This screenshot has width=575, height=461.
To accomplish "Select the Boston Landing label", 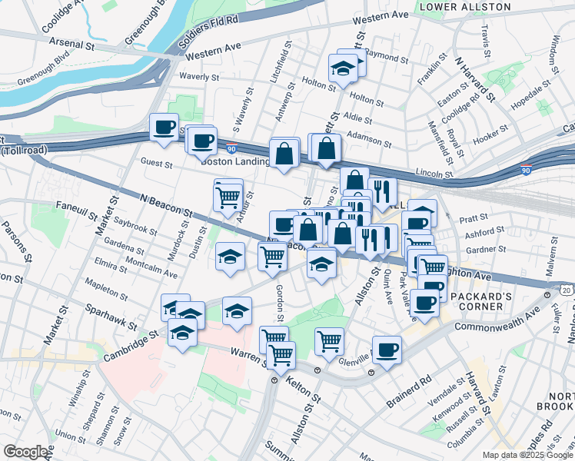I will pyautogui.click(x=234, y=161).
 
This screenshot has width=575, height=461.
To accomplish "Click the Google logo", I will pyautogui.click(x=26, y=452).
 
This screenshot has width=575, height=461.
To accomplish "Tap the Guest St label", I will pyautogui.click(x=156, y=162).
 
